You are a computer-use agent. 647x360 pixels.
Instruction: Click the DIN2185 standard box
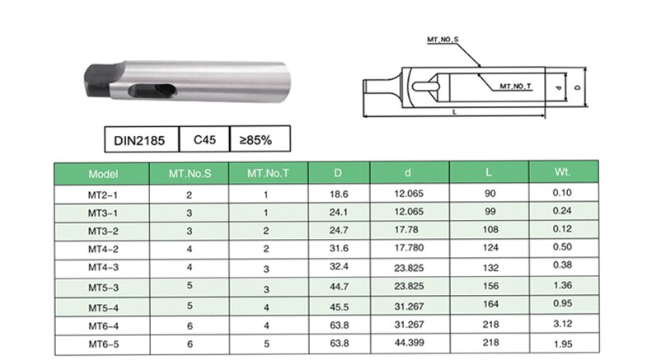141,140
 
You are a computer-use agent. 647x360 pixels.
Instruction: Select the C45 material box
204,140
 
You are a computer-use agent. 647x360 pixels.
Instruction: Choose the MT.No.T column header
266,174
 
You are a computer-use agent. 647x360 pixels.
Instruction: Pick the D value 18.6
337,194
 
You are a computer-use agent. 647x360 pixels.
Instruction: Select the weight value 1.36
563,285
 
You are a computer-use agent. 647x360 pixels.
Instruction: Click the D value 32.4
337,267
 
